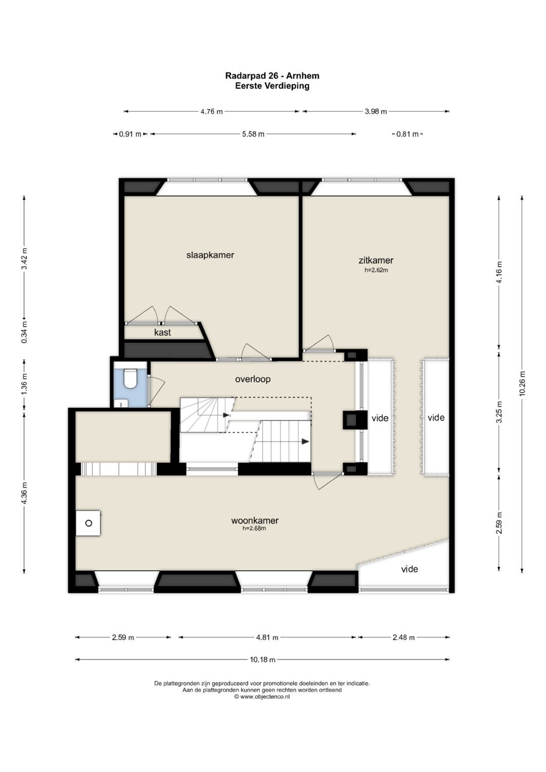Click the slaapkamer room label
[x=210, y=255]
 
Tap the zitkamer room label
[x=376, y=260]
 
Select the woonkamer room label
[x=255, y=520]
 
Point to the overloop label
[x=253, y=379]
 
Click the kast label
[x=162, y=333]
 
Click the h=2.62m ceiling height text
[x=376, y=270]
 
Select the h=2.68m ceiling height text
[x=254, y=528]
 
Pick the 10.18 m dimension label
[x=262, y=660]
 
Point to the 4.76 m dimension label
[x=212, y=111]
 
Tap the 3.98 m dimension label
[x=376, y=111]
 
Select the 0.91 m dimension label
[x=130, y=134]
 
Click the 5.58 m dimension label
[x=253, y=134]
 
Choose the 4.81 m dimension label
[x=267, y=637]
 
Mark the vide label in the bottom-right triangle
[x=409, y=569]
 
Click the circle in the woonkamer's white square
[x=88, y=523]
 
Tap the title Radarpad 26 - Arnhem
[x=272, y=75]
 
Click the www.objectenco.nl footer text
[x=262, y=697]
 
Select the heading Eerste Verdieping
[x=272, y=86]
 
